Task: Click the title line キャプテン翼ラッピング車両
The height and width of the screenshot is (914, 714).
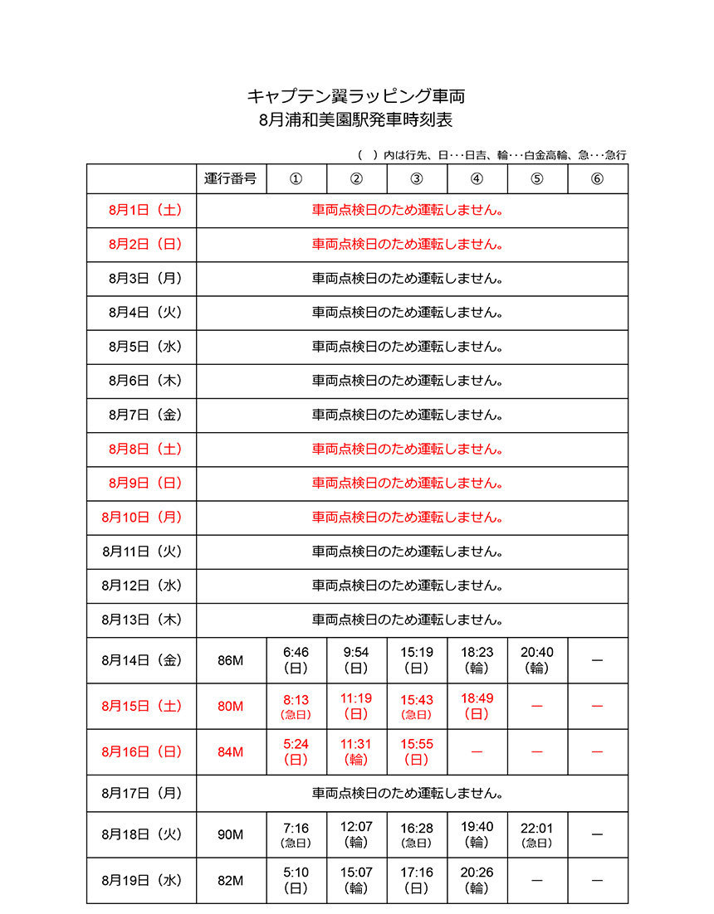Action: (x=356, y=95)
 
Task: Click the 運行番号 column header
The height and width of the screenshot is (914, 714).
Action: (x=231, y=179)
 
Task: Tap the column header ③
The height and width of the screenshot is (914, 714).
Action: (x=417, y=179)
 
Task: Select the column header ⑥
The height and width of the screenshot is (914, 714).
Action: (x=597, y=179)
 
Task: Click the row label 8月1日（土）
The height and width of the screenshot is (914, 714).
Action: (x=141, y=211)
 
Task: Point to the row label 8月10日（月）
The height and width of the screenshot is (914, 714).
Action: (x=141, y=517)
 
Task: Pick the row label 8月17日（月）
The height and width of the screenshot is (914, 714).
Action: (x=141, y=793)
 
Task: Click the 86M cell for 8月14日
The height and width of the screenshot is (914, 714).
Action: (x=231, y=660)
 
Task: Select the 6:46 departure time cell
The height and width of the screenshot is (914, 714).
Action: (x=296, y=653)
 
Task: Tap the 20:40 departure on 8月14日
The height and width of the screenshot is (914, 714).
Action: (x=536, y=653)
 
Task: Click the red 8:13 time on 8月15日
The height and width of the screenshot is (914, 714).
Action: (x=296, y=699)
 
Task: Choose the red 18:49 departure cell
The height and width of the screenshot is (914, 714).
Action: (x=477, y=699)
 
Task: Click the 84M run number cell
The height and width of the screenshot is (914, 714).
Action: (x=231, y=752)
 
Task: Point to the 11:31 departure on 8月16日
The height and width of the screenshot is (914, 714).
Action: (x=356, y=745)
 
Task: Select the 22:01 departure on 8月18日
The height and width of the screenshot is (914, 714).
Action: (x=536, y=828)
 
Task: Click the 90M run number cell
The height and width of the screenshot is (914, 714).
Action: (x=231, y=834)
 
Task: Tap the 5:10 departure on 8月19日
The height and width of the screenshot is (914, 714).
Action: (x=296, y=873)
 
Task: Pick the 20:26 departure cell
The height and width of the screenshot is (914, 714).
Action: (x=477, y=873)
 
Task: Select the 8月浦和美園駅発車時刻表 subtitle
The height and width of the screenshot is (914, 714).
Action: (x=356, y=120)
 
